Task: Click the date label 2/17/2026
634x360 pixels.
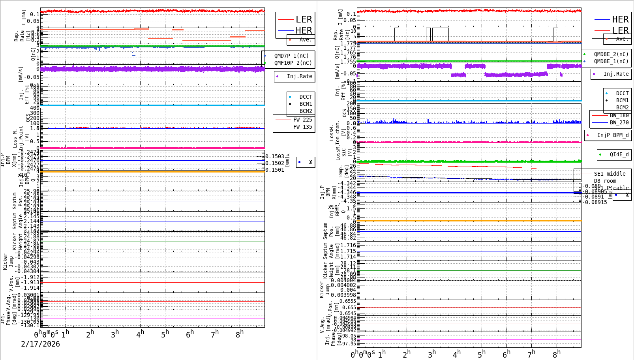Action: tap(40, 344)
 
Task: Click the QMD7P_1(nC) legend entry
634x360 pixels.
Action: tap(291, 56)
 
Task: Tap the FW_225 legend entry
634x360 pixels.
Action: tap(302, 120)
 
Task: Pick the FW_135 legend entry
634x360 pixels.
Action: tap(302, 127)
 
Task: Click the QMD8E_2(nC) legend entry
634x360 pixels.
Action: tap(611, 54)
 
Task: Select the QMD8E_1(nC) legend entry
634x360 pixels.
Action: tap(611, 61)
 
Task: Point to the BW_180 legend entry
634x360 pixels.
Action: tap(619, 115)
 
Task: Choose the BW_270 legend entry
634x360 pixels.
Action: tap(619, 122)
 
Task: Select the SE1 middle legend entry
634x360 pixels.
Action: tap(610, 174)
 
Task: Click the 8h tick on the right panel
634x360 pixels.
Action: tap(557, 354)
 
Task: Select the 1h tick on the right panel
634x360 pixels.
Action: tap(382, 354)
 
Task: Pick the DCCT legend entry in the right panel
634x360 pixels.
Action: tap(622, 93)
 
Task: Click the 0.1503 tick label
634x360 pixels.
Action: tap(275, 156)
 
